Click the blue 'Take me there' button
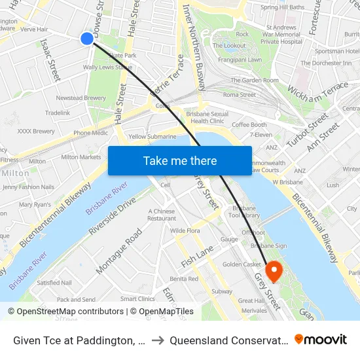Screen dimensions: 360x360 180,160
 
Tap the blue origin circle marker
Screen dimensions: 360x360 87,39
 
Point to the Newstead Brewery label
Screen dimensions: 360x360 81,98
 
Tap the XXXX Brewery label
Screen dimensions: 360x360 36,131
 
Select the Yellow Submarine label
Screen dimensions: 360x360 153,137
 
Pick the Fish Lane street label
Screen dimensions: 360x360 198,251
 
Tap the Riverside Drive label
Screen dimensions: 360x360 117,216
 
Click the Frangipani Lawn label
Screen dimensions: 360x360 244,60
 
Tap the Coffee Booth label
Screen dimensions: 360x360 249,125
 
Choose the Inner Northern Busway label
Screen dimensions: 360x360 194,46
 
